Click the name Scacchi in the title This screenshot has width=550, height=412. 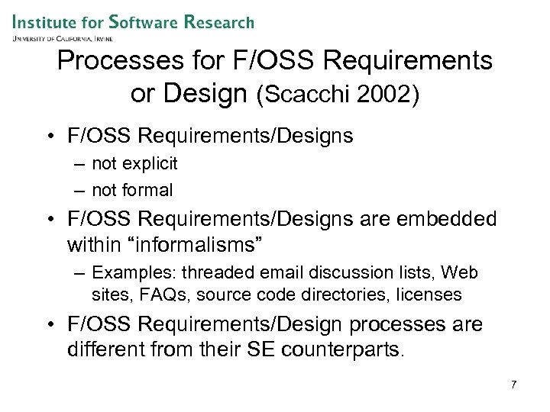(x=304, y=96)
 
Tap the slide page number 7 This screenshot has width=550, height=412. (x=513, y=385)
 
